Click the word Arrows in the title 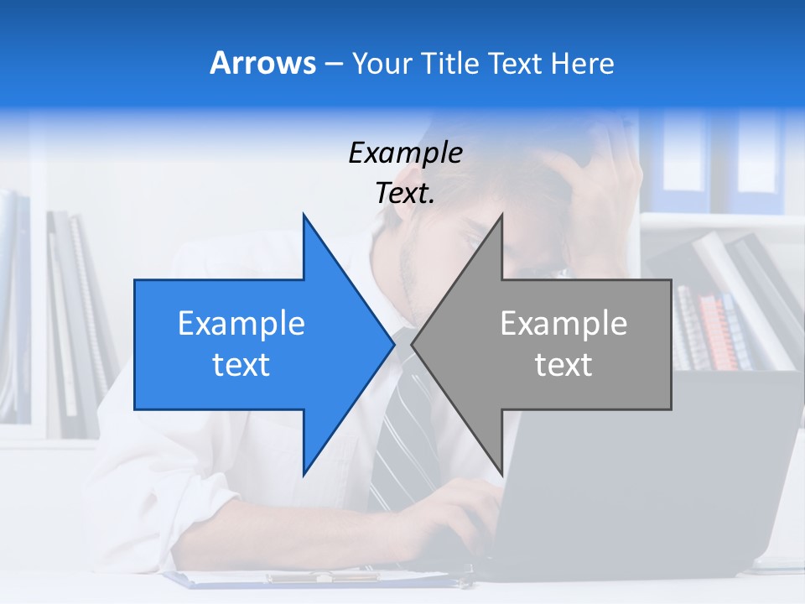pyautogui.click(x=263, y=63)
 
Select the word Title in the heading pyautogui.click(x=453, y=63)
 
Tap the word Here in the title pyautogui.click(x=582, y=63)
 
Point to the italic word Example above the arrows pyautogui.click(x=405, y=153)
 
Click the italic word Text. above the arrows pyautogui.click(x=405, y=193)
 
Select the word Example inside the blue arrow pyautogui.click(x=241, y=324)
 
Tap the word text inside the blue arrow pyautogui.click(x=241, y=364)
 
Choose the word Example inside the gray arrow pyautogui.click(x=563, y=324)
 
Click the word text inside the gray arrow pyautogui.click(x=563, y=364)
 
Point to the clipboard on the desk pyautogui.click(x=319, y=578)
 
